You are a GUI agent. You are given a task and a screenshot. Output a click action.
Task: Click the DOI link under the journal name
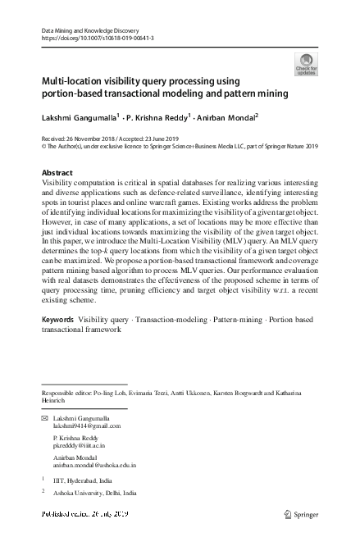click(x=97, y=38)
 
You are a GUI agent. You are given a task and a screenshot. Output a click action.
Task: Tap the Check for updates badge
click(x=306, y=66)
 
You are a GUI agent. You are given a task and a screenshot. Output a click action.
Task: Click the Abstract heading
click(x=57, y=172)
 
